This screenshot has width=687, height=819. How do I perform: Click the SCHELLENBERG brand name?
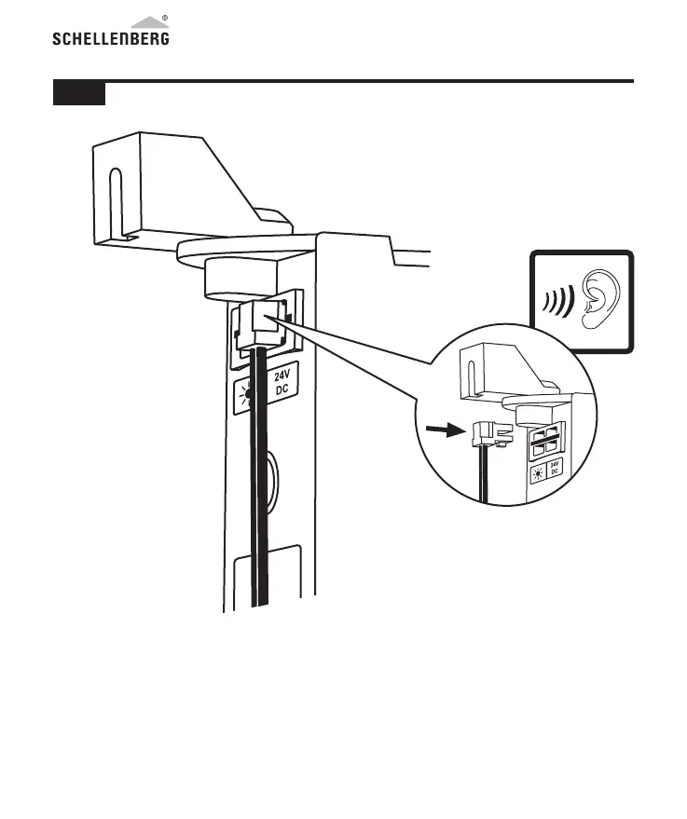coord(109,39)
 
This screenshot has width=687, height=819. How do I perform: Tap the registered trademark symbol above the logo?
coord(164,18)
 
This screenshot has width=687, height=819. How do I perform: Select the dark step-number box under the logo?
coord(78,93)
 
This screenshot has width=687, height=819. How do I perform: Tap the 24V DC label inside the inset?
coord(553,469)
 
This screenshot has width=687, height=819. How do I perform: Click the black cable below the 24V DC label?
coord(260,503)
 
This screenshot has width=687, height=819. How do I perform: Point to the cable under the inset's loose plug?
coord(486,475)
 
